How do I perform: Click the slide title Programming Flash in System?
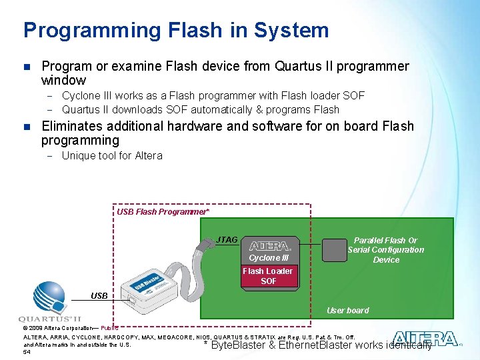176,31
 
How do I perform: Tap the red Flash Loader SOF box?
268,276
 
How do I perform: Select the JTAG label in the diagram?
227,239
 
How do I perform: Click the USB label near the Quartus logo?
99,295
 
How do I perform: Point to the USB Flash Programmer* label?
163,212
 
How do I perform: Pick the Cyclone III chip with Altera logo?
269,251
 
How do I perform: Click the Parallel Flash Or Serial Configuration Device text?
386,250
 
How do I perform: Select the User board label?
347,310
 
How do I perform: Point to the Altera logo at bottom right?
425,339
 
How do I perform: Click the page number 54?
27,352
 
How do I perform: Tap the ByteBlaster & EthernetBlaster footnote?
318,345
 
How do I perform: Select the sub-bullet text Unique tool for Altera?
112,156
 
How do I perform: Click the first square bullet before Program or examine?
27,67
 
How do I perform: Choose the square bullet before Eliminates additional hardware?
27,127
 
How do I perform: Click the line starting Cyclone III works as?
213,96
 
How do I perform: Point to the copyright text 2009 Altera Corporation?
67,328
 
